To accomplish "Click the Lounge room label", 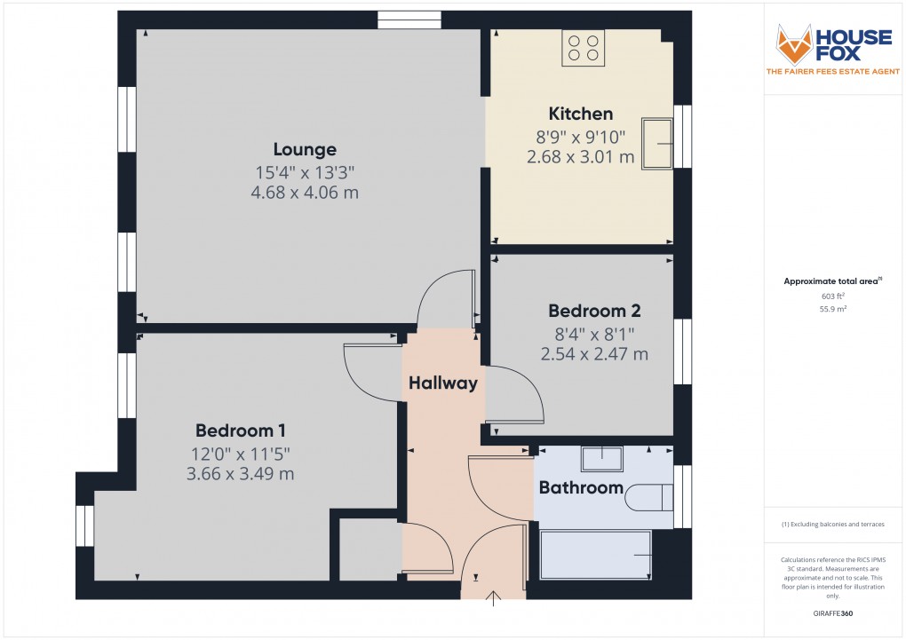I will (305, 149).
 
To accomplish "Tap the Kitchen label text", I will (581, 114).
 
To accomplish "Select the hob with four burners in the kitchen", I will (583, 48).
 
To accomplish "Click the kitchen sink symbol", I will (658, 143).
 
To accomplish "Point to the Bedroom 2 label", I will (594, 311).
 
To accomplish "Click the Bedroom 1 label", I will (240, 431).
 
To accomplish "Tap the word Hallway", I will (443, 383).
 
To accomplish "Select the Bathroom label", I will (581, 487).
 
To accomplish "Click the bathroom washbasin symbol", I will (602, 458).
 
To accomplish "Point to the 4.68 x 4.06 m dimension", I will (305, 193).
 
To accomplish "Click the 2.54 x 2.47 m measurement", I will (594, 354).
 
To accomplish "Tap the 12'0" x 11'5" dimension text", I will (240, 454).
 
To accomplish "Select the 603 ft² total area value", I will (833, 296).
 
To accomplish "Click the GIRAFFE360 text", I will (833, 612).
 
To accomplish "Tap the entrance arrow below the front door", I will (494, 601).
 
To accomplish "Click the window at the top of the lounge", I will (409, 20).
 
